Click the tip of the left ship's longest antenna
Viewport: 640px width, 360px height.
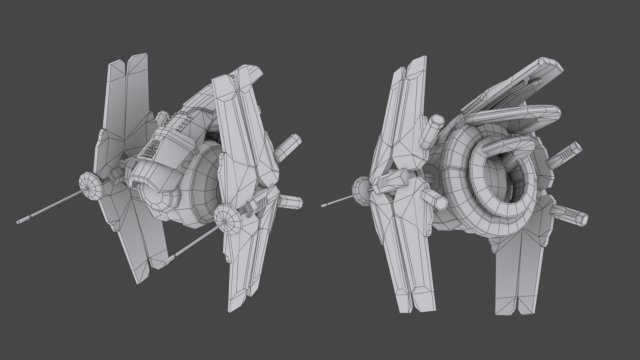tap(19, 217)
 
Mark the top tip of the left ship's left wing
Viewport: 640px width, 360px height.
tap(117, 62)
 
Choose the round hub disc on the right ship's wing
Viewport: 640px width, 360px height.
tap(363, 187)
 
